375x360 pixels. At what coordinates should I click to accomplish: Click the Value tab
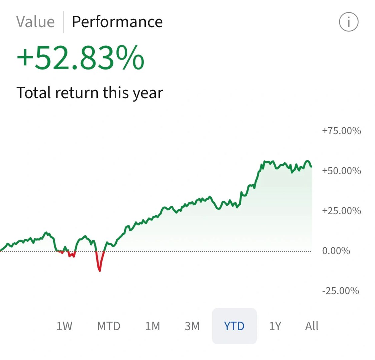pyautogui.click(x=35, y=22)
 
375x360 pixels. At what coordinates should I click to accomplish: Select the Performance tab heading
pyautogui.click(x=117, y=22)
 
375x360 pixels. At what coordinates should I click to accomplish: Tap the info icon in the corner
pyautogui.click(x=349, y=22)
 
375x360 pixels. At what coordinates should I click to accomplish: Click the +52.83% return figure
pyautogui.click(x=80, y=58)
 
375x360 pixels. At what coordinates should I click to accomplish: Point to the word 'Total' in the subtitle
pyautogui.click(x=33, y=93)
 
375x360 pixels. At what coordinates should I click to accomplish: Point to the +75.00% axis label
pyautogui.click(x=341, y=131)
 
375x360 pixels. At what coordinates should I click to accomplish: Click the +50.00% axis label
pyautogui.click(x=341, y=171)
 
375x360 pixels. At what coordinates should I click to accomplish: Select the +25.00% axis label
pyautogui.click(x=341, y=211)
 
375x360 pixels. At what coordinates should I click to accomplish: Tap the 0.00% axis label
pyautogui.click(x=336, y=251)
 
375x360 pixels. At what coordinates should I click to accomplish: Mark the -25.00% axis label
pyautogui.click(x=341, y=291)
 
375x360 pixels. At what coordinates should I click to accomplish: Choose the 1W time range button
pyautogui.click(x=64, y=326)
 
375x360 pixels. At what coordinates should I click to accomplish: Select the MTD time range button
pyautogui.click(x=109, y=326)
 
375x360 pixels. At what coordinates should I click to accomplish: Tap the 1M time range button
pyautogui.click(x=152, y=326)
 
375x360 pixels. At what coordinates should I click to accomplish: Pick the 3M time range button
pyautogui.click(x=192, y=326)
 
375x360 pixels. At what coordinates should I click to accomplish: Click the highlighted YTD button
pyautogui.click(x=234, y=326)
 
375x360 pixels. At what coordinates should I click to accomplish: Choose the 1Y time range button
pyautogui.click(x=275, y=326)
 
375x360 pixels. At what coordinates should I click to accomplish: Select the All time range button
pyautogui.click(x=312, y=326)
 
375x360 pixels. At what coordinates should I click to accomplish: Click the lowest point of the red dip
pyautogui.click(x=99, y=270)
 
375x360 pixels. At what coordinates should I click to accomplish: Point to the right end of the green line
pyautogui.click(x=311, y=166)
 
